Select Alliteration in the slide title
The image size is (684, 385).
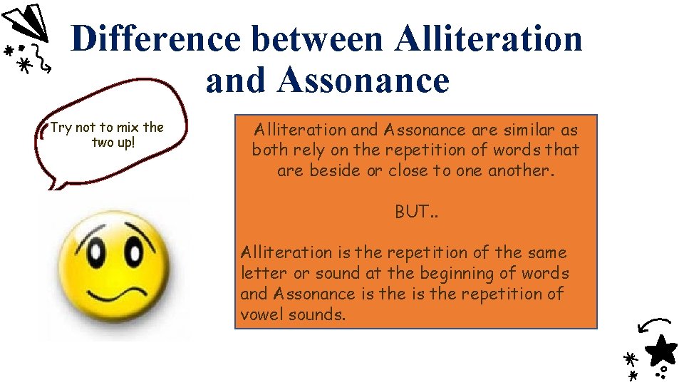[489, 38]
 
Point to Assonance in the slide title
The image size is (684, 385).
[363, 81]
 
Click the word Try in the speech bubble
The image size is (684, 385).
[61, 128]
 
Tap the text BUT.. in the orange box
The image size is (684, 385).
[416, 212]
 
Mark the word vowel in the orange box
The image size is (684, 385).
[262, 314]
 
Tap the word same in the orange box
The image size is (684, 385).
[546, 252]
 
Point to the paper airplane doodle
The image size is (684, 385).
[26, 24]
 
